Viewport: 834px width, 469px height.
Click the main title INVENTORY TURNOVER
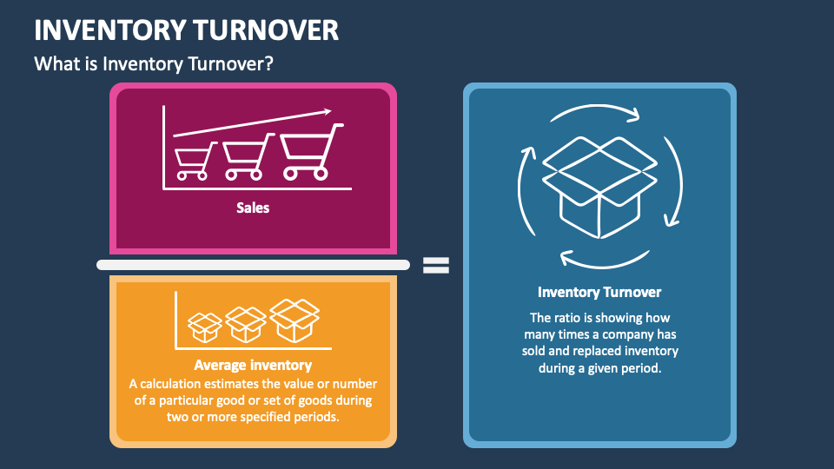coord(186,30)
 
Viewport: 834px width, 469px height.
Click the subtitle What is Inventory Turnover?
coord(154,63)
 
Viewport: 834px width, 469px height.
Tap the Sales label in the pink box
coord(253,208)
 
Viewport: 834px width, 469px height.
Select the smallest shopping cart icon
coord(195,161)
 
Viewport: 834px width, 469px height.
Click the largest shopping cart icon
coord(310,152)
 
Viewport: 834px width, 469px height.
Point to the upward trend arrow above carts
coord(253,123)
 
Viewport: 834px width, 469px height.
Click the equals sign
coord(436,265)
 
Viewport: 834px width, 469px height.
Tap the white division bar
coord(253,265)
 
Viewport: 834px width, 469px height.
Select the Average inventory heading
coord(253,366)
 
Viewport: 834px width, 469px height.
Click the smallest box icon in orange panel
coord(205,327)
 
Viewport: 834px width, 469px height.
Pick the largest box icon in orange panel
coord(295,320)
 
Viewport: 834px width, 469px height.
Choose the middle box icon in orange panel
coord(246,325)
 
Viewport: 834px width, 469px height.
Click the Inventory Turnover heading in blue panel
coord(599,293)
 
